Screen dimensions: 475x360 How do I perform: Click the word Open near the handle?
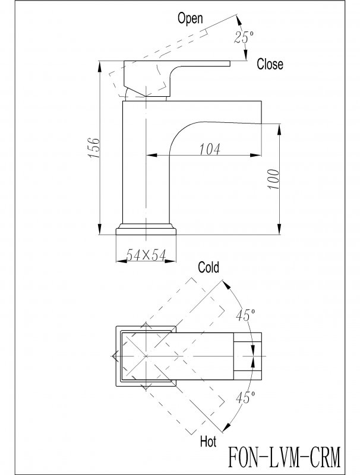tap(191, 18)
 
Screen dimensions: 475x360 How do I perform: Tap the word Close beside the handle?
tap(270, 65)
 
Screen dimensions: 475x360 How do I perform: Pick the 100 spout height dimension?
tap(274, 178)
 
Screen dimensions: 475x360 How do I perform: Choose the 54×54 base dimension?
tap(146, 255)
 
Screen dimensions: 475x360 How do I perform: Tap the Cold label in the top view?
tap(209, 268)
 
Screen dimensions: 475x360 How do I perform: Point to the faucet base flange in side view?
tap(146, 229)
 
